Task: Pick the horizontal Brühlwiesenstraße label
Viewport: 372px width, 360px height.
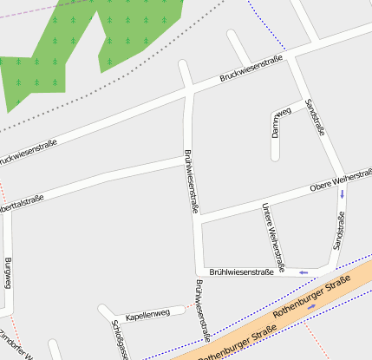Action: (241, 272)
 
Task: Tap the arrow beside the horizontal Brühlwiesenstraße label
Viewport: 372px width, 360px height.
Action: (303, 272)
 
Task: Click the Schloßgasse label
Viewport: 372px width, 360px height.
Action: (121, 340)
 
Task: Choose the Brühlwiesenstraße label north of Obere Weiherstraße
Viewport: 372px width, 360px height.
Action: (192, 180)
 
